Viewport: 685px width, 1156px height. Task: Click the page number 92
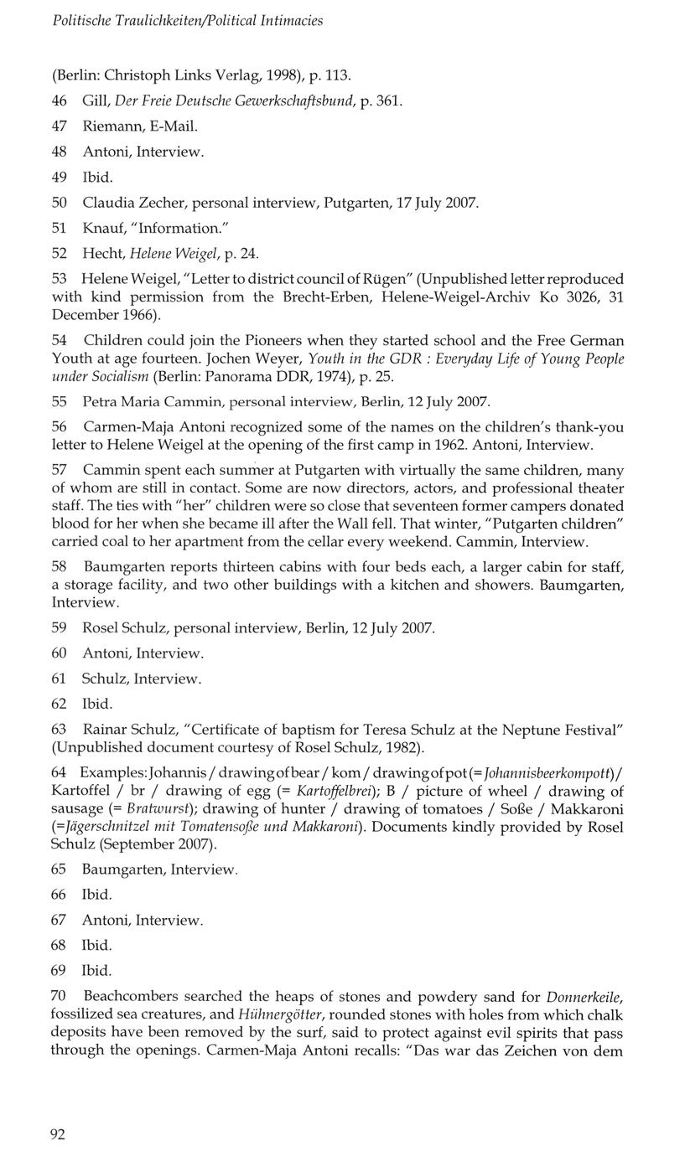pyautogui.click(x=58, y=1134)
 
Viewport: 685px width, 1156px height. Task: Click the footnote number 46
pyautogui.click(x=60, y=101)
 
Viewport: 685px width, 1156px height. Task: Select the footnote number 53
pyautogui.click(x=60, y=278)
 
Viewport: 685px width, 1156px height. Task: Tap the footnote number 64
pyautogui.click(x=59, y=772)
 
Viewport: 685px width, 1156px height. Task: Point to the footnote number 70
pyautogui.click(x=59, y=997)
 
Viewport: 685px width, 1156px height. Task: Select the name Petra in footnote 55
pyautogui.click(x=100, y=401)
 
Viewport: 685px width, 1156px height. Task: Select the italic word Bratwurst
pyautogui.click(x=159, y=809)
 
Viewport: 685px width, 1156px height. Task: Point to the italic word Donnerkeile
pyautogui.click(x=584, y=997)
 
